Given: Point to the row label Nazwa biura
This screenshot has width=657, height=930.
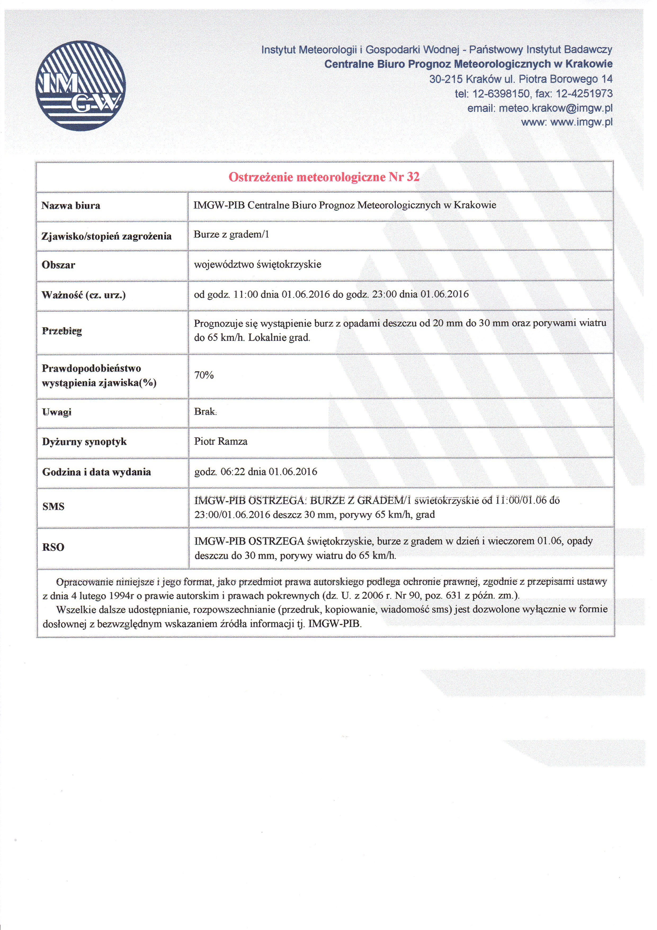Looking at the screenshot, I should click(71, 206).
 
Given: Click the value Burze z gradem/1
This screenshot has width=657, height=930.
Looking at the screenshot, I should click(231, 235).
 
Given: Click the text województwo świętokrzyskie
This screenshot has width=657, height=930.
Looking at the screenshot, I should click(257, 265).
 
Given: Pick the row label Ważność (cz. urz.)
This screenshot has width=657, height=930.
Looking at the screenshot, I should click(84, 295).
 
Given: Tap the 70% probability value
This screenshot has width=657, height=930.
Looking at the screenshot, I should click(204, 375).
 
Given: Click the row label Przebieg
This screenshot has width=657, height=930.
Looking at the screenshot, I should click(62, 331).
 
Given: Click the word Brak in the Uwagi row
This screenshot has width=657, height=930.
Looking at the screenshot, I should click(205, 412).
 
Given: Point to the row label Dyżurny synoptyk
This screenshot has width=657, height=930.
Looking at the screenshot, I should click(84, 442).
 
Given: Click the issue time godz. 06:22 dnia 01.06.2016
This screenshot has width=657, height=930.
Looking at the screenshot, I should click(256, 471).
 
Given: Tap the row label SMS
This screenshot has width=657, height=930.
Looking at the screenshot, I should click(53, 507).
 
